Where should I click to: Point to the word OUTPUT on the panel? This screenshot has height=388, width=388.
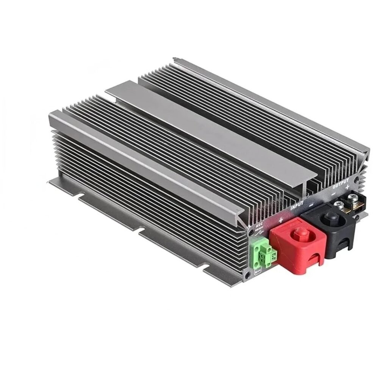click(x=341, y=186)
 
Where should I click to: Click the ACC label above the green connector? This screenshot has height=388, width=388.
click(x=260, y=225)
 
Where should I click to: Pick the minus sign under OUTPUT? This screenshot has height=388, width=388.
click(x=333, y=193)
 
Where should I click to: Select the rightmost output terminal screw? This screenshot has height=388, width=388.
click(x=353, y=197)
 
